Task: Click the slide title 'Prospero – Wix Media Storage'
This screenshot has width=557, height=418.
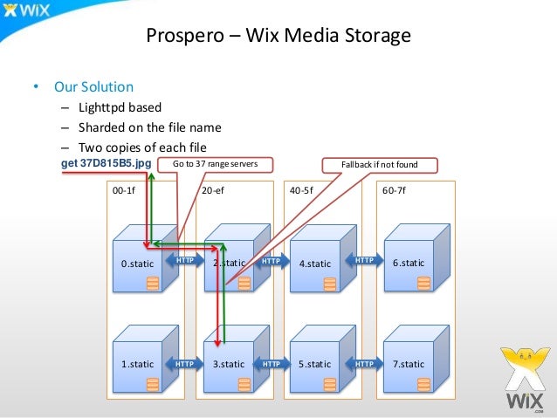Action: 278,37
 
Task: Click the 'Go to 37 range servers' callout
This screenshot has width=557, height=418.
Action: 220,163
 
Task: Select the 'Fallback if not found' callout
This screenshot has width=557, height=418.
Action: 380,163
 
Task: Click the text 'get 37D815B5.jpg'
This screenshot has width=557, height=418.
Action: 106,163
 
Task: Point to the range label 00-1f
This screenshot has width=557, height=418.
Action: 123,188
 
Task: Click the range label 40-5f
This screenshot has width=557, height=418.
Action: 302,188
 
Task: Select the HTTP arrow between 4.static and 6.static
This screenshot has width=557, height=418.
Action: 365,260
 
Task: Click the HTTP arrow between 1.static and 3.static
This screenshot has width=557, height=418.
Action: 185,361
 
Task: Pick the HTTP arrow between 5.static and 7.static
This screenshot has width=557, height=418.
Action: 365,361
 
